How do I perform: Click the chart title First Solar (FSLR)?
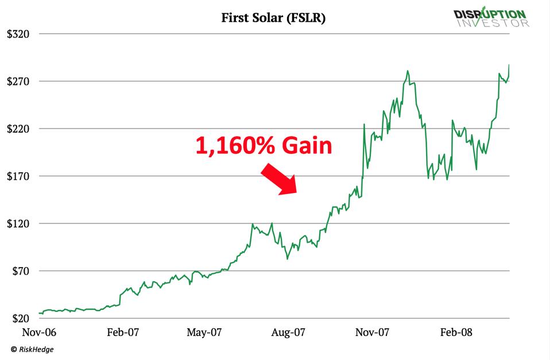tap(273, 18)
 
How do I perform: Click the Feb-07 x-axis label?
tap(123, 332)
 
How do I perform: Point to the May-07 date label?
tap(205, 332)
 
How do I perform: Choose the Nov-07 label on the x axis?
tap(372, 332)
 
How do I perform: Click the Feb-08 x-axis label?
tap(456, 332)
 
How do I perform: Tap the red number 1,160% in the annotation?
tap(235, 146)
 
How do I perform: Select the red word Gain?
tap(307, 146)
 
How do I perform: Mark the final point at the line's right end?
tap(509, 65)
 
